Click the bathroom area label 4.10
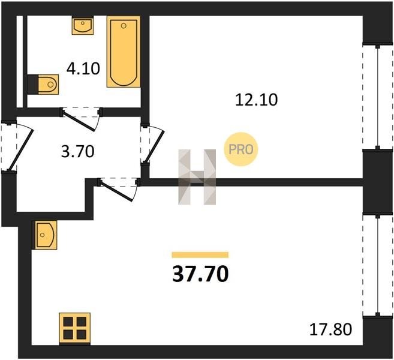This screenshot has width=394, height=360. pyautogui.click(x=83, y=68)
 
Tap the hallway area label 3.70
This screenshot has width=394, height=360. pyautogui.click(x=77, y=152)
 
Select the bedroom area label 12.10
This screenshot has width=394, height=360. pyautogui.click(x=256, y=100)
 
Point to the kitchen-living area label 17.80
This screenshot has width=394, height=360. pyautogui.click(x=330, y=329)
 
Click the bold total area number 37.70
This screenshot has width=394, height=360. pyautogui.click(x=200, y=274)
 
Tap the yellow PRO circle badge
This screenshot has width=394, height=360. pyautogui.click(x=241, y=149)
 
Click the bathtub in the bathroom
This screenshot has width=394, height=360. pyautogui.click(x=124, y=52)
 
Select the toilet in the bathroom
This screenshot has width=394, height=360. pyautogui.click(x=43, y=84)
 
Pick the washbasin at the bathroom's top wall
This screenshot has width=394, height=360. pyautogui.click(x=83, y=25)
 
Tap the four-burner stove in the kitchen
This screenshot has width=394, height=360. pyautogui.click(x=74, y=329)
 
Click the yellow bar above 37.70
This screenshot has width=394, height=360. pyautogui.click(x=200, y=255)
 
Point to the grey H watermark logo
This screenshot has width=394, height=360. pyautogui.click(x=197, y=177)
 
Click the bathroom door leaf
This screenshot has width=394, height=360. pyautogui.click(x=79, y=120)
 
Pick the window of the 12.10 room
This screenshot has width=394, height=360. pyautogui.click(x=377, y=97)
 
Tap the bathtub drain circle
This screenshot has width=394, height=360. pyautogui.click(x=124, y=26)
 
